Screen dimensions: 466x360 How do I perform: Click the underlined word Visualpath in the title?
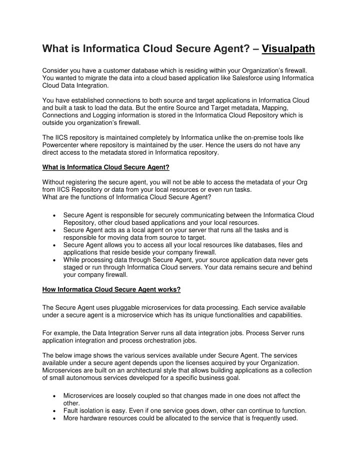[288, 49]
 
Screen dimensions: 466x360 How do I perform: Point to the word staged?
[73, 267]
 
